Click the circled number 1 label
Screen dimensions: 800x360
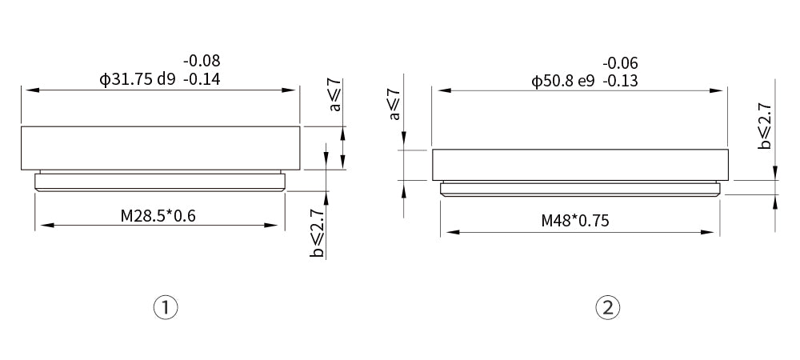(166, 307)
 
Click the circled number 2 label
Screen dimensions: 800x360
(607, 307)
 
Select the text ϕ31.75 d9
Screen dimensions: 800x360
(138, 80)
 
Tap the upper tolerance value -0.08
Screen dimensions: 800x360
(202, 61)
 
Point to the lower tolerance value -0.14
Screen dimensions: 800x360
(202, 80)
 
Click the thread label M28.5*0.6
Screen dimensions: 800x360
(158, 216)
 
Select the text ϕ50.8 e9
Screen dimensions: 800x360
(562, 82)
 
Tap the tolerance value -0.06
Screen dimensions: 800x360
(621, 63)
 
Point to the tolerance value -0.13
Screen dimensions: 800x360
(621, 82)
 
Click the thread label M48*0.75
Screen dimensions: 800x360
(575, 221)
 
